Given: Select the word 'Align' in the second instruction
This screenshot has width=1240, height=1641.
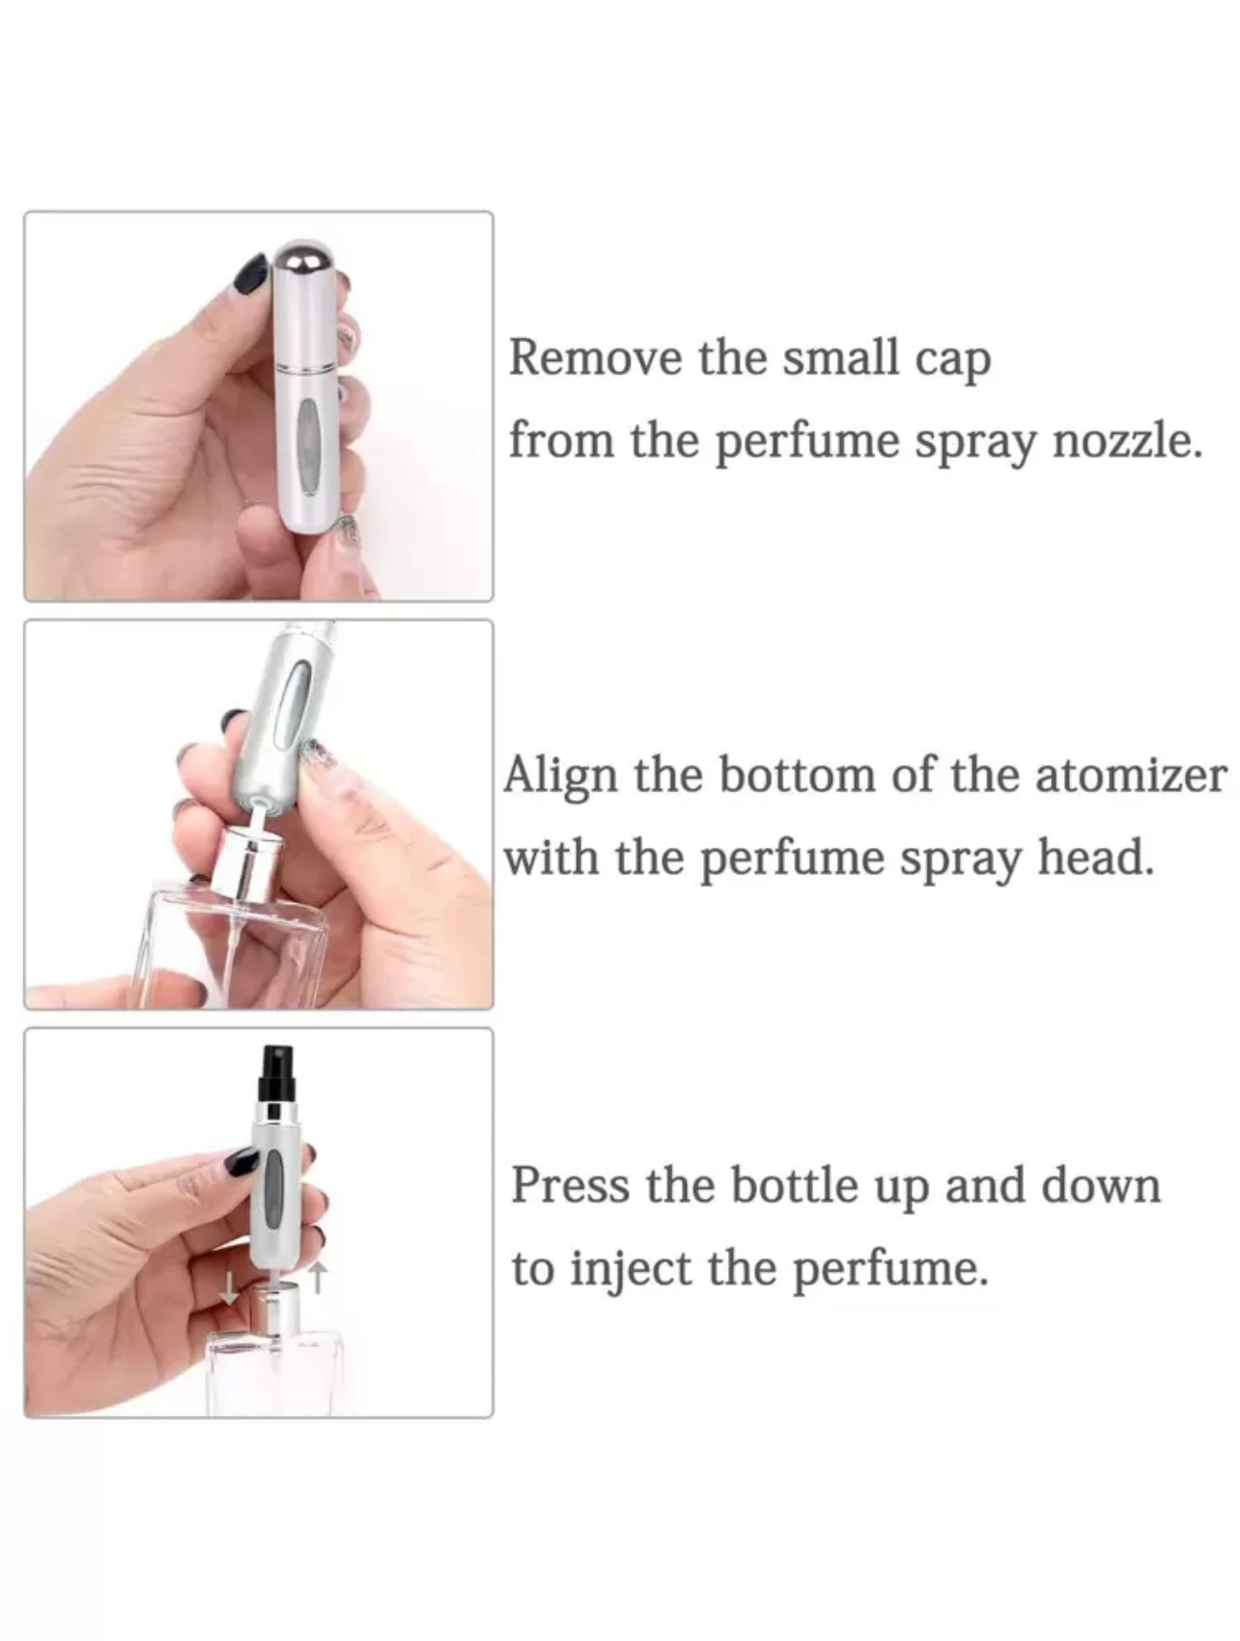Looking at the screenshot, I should click(559, 777).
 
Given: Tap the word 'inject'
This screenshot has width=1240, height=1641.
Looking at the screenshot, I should click(632, 1269).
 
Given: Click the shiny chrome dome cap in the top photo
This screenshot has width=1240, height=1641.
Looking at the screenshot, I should click(301, 264).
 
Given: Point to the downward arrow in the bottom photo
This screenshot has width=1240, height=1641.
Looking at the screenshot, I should click(229, 1286).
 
